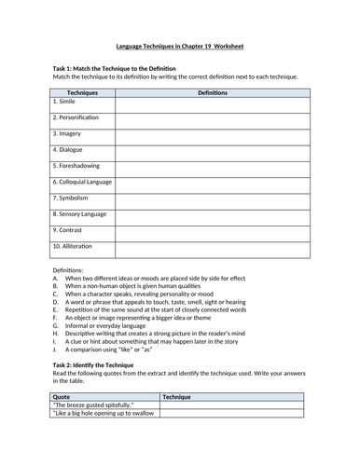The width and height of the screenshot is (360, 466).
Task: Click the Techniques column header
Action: point(81,93)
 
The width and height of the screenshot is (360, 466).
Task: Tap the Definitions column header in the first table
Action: point(212,93)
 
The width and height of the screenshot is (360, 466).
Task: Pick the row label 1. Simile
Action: point(66,102)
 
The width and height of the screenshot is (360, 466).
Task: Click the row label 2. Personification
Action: point(77,117)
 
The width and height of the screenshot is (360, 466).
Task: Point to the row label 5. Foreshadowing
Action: point(76,165)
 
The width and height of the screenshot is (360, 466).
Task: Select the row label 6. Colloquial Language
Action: point(85,181)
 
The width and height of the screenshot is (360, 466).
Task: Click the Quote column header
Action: point(62,396)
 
